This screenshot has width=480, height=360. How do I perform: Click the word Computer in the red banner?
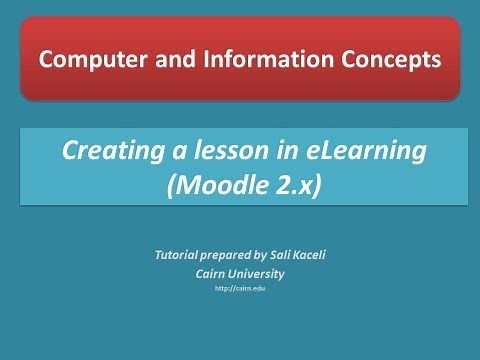coord(87,60)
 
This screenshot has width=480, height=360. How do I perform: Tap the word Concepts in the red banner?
coord(388,60)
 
